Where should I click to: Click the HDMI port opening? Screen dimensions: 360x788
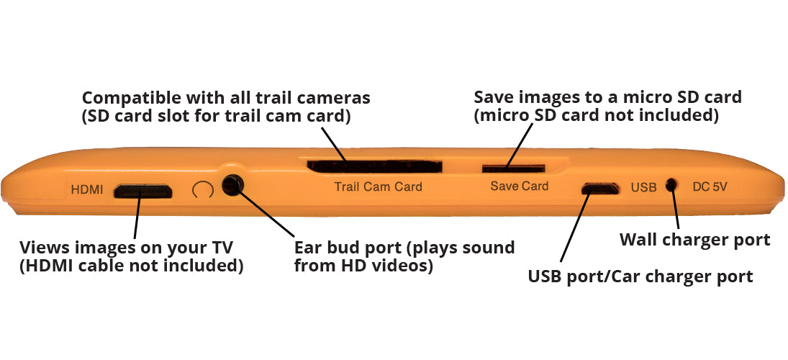click(143, 191)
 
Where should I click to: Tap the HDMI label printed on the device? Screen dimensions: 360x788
click(87, 191)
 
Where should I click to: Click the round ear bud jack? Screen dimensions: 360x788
click(231, 185)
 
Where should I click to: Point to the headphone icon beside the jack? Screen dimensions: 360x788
click(204, 189)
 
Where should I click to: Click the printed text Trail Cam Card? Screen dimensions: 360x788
click(378, 186)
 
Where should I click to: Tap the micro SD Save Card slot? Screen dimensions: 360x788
click(504, 168)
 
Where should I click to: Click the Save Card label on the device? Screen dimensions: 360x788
click(519, 186)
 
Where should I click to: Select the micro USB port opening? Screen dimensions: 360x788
click(600, 189)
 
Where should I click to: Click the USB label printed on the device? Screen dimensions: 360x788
click(643, 187)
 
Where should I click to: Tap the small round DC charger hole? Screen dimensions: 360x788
click(671, 185)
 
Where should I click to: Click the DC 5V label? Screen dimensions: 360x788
click(710, 186)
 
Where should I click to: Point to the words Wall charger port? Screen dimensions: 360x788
click(694, 240)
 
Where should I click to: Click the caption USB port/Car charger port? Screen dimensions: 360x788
click(640, 276)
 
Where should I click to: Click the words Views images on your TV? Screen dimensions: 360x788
click(126, 248)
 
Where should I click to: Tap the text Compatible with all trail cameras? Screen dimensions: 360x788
click(225, 97)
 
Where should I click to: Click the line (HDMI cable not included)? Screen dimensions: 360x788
click(131, 266)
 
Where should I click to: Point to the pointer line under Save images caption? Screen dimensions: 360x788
click(517, 145)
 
